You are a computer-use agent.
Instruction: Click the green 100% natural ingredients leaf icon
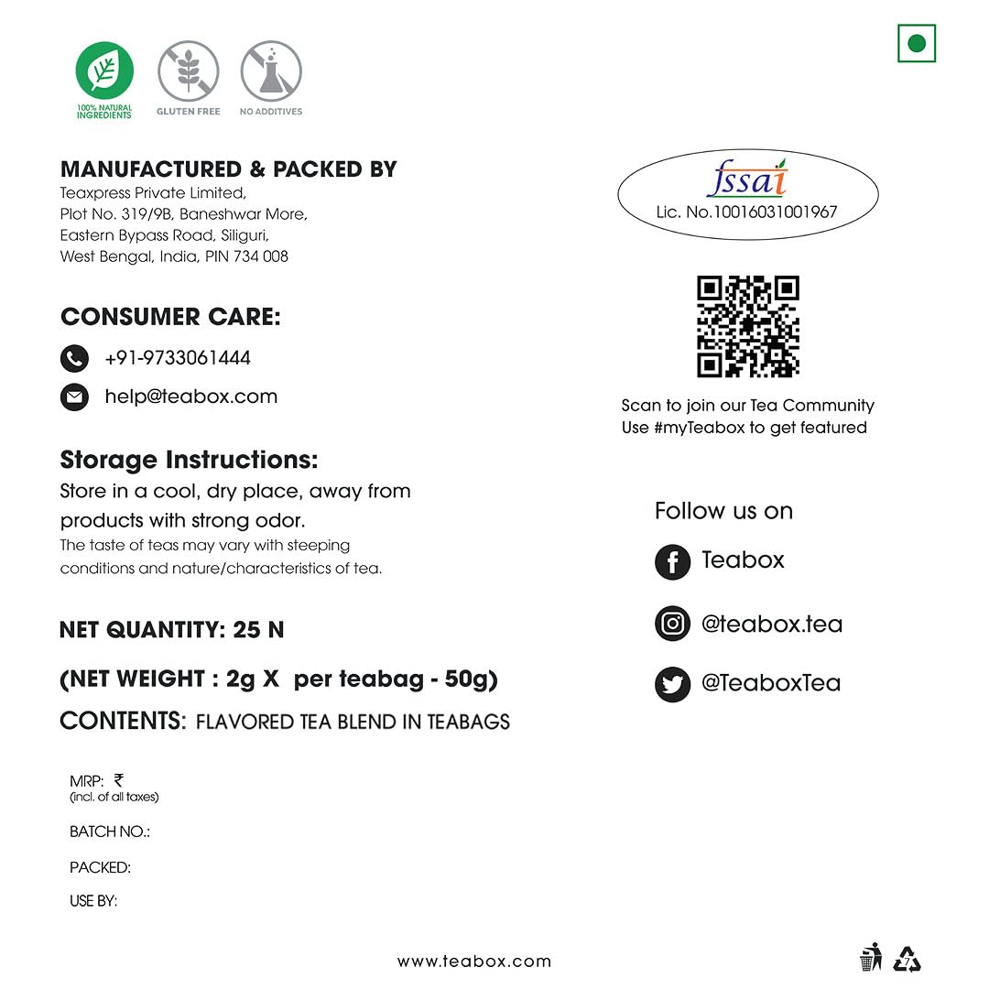pyautogui.click(x=104, y=71)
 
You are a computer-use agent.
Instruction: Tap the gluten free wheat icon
pyautogui.click(x=188, y=71)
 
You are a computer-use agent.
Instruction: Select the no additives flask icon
pyautogui.click(x=271, y=71)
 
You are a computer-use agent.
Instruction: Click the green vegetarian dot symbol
pyautogui.click(x=917, y=43)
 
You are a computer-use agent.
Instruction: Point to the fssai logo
pyautogui.click(x=747, y=181)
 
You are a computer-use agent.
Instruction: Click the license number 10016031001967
pyautogui.click(x=746, y=212)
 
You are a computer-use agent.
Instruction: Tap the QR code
pyautogui.click(x=748, y=326)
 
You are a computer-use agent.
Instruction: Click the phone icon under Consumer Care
pyautogui.click(x=74, y=358)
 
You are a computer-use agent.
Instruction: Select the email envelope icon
pyautogui.click(x=74, y=397)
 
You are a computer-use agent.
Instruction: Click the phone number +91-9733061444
pyautogui.click(x=178, y=358)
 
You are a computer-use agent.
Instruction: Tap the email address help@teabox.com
pyautogui.click(x=190, y=397)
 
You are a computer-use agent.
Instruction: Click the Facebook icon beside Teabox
pyautogui.click(x=672, y=562)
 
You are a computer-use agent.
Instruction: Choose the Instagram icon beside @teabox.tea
pyautogui.click(x=672, y=624)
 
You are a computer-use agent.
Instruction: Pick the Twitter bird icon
pyautogui.click(x=672, y=684)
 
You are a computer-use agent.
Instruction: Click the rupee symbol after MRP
pyautogui.click(x=119, y=780)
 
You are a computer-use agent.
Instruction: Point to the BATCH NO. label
pyautogui.click(x=110, y=831)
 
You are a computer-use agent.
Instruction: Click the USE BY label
pyautogui.click(x=93, y=901)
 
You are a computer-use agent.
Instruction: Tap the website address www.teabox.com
pyautogui.click(x=474, y=962)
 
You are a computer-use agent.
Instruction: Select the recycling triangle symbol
pyautogui.click(x=907, y=959)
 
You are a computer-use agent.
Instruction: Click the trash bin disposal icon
pyautogui.click(x=870, y=958)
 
